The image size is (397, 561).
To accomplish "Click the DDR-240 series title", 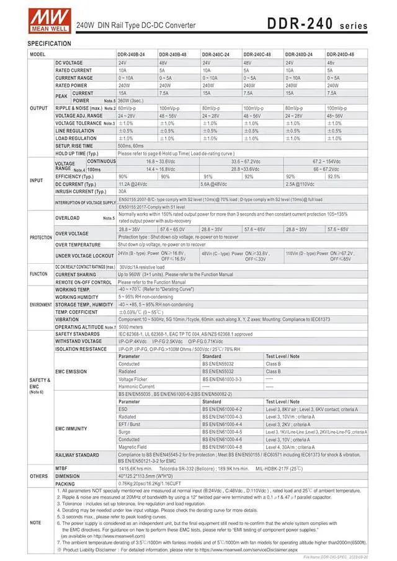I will click(x=317, y=24).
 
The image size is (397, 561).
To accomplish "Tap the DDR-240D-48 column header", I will click(x=340, y=54).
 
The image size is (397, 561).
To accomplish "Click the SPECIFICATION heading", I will click(x=50, y=43).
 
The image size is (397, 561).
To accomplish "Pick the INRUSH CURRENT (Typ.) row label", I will click(x=80, y=192).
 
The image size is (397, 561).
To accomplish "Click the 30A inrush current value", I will click(x=123, y=192).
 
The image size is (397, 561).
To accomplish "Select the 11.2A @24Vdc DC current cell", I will click(x=133, y=184).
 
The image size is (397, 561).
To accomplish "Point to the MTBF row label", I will click(x=61, y=469).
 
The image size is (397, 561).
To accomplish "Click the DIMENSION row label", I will click(x=68, y=476).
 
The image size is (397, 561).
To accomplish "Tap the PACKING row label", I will click(x=65, y=484).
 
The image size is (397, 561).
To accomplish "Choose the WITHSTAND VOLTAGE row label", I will click(x=78, y=341).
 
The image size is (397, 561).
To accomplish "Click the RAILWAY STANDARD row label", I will click(x=77, y=455).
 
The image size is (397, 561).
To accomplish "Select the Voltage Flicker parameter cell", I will click(x=133, y=379).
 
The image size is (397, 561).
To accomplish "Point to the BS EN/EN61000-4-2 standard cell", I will click(x=222, y=409).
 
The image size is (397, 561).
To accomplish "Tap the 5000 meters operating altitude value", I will click(x=132, y=326).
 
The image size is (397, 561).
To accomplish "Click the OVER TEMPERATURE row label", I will click(x=78, y=245).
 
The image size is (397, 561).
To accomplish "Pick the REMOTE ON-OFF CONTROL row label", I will click(x=84, y=282).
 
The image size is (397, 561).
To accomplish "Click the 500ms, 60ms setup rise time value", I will click(x=130, y=146).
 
